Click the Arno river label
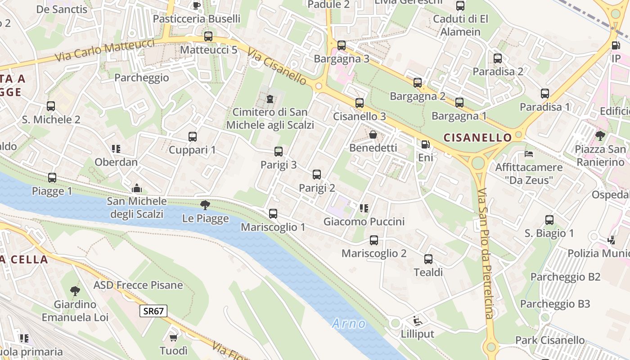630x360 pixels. [349, 323]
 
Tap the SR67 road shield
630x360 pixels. [153, 310]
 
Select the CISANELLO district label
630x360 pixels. [478, 137]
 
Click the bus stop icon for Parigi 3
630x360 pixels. [279, 152]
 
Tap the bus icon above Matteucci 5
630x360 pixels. [208, 36]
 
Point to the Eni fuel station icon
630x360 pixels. [425, 144]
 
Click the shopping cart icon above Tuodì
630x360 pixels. [173, 337]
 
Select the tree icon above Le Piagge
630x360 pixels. [205, 205]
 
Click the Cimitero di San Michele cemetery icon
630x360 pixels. [270, 99]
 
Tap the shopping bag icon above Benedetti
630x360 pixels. [373, 134]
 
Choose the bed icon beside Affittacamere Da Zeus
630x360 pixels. [529, 154]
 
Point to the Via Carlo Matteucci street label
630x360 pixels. [105, 51]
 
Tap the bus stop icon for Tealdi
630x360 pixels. [428, 259]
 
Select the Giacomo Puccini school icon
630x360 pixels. [364, 208]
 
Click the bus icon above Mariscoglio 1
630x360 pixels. [273, 214]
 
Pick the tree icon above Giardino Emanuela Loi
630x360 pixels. [75, 291]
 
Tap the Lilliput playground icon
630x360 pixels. [417, 320]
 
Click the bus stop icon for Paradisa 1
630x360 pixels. [544, 94]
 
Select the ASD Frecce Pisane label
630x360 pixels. [138, 285]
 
